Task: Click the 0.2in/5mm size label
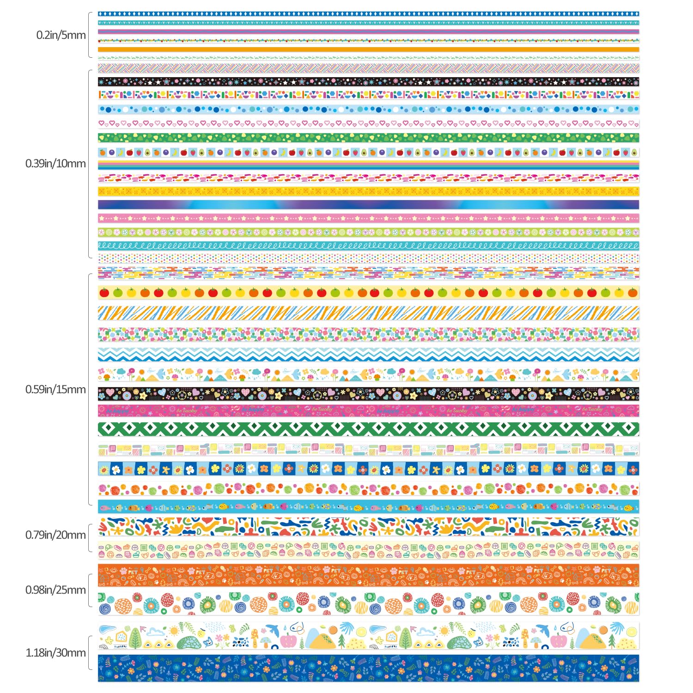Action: click(61, 35)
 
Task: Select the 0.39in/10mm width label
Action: click(55, 164)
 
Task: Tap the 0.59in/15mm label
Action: click(55, 389)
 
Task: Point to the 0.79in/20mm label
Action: click(55, 535)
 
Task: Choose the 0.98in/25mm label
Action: click(55, 590)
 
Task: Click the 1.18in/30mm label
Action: click(55, 653)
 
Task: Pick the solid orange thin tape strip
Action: click(368, 49)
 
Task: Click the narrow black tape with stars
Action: click(368, 82)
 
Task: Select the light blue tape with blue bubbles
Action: click(368, 109)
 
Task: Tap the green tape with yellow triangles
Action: click(368, 138)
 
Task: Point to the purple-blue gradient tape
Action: click(368, 205)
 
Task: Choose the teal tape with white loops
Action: click(368, 246)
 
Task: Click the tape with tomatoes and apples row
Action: click(368, 292)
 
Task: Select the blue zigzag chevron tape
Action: click(368, 355)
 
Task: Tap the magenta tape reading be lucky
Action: click(368, 410)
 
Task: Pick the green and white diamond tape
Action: click(368, 429)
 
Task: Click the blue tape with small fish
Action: click(368, 507)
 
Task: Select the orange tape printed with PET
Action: click(368, 575)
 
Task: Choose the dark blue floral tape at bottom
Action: click(368, 668)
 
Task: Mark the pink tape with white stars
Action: click(368, 218)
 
